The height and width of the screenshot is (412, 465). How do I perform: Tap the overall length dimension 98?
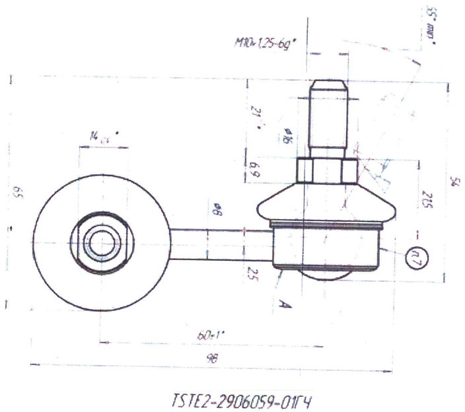coord(212,357)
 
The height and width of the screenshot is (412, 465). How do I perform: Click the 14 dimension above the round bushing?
coord(99,136)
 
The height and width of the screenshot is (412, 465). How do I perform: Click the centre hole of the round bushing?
coord(101,243)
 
